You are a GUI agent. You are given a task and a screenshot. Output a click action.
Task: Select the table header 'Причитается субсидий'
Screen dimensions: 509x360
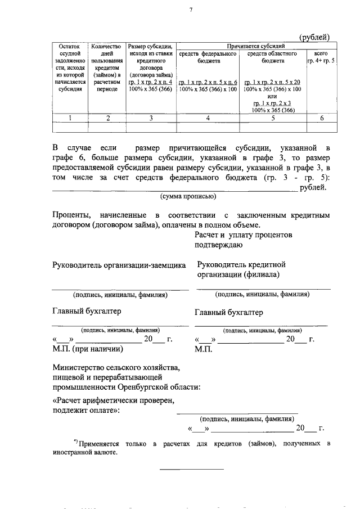pyautogui.click(x=256, y=45)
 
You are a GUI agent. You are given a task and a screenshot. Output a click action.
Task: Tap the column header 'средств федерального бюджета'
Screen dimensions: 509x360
pyautogui.click(x=208, y=57)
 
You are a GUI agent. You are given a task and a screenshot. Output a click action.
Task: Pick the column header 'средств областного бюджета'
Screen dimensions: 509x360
pyautogui.click(x=272, y=57)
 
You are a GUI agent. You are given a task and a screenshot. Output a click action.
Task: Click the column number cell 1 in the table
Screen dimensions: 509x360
pyautogui.click(x=70, y=118)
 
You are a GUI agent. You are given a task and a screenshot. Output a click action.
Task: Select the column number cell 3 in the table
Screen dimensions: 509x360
pyautogui.click(x=151, y=118)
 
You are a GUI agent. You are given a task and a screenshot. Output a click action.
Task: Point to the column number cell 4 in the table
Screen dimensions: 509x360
pyautogui.click(x=208, y=118)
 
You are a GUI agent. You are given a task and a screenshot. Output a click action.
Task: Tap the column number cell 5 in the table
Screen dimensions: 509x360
pyautogui.click(x=272, y=118)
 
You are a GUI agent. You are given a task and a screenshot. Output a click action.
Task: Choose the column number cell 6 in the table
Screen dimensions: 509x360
pyautogui.click(x=321, y=118)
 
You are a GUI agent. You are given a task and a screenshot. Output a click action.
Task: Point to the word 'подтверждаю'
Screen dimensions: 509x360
pyautogui.click(x=219, y=244)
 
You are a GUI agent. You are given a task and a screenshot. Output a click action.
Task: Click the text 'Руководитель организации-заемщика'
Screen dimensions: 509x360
pyautogui.click(x=119, y=265)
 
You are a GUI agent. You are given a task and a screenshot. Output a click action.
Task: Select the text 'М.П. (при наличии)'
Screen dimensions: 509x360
pyautogui.click(x=88, y=349)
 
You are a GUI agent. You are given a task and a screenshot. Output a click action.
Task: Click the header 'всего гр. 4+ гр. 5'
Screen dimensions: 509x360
pyautogui.click(x=321, y=57)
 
